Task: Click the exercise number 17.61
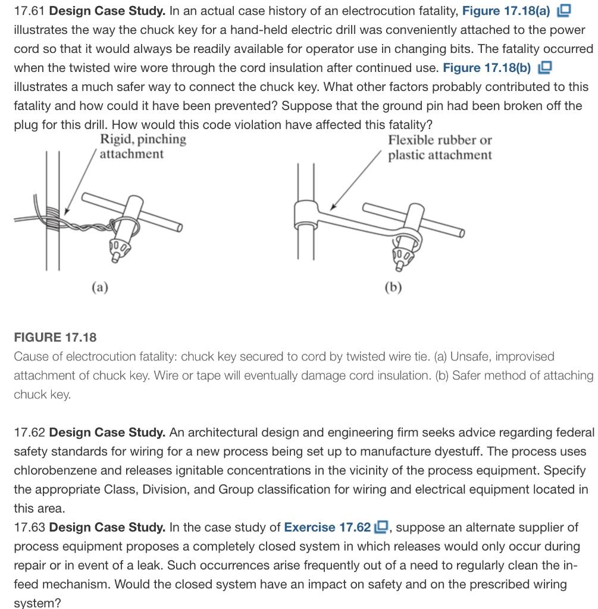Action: click(x=29, y=11)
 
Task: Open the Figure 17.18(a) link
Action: click(x=506, y=11)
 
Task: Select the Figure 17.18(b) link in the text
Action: click(x=486, y=68)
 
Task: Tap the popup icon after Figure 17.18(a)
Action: click(x=563, y=11)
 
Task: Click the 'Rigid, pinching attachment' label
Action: click(x=142, y=147)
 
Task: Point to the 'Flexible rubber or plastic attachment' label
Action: click(x=440, y=147)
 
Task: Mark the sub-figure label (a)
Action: click(x=99, y=287)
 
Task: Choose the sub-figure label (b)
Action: click(x=393, y=287)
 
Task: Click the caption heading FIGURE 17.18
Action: click(x=55, y=337)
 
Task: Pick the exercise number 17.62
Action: click(x=29, y=432)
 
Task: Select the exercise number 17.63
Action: click(x=29, y=528)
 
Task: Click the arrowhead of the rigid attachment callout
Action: click(x=67, y=212)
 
